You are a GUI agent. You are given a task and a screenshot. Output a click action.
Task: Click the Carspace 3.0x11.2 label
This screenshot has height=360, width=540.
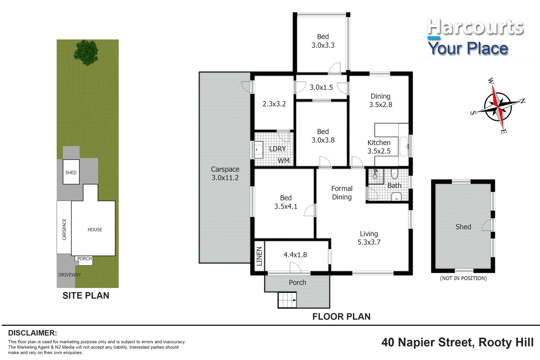pos(225,173)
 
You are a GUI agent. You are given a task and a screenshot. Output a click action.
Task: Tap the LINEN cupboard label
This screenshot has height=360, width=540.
pos(259,256)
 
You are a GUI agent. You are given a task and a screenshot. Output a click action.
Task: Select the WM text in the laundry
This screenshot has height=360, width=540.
pos(283,161)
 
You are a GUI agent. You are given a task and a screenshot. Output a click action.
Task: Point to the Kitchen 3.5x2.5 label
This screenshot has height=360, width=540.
pos(379,147)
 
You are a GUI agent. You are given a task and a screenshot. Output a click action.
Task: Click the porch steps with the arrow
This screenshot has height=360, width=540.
pos(287,300)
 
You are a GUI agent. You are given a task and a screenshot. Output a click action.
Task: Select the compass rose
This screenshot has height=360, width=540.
pos(497,106)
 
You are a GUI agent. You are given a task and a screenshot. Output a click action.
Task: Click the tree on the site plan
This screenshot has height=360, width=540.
pos(86,52)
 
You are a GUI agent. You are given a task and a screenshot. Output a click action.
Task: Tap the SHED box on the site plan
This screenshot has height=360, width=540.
pos(71,172)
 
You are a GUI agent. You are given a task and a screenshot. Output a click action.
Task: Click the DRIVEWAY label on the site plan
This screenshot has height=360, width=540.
pos(69,275)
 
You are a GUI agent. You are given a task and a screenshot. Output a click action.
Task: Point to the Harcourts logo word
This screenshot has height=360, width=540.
pos(475,27)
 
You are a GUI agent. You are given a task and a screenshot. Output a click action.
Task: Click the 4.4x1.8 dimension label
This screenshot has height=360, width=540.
pos(295,255)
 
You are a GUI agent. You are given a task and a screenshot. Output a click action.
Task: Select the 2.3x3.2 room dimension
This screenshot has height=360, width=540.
pos(274,104)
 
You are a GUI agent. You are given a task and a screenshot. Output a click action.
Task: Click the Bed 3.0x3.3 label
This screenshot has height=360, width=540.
pos(323,41)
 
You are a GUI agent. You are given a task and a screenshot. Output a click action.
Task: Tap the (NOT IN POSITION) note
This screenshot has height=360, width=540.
pos(463,278)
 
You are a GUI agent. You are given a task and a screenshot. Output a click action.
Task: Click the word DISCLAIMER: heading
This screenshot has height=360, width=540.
pos(32,333)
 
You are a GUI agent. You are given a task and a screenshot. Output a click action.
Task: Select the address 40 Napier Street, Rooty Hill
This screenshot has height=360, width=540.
pos(457,342)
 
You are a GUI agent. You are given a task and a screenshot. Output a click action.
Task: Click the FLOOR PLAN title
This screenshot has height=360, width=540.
pos(341,316)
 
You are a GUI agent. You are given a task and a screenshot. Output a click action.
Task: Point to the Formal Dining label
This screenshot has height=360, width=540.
pos(342,193)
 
